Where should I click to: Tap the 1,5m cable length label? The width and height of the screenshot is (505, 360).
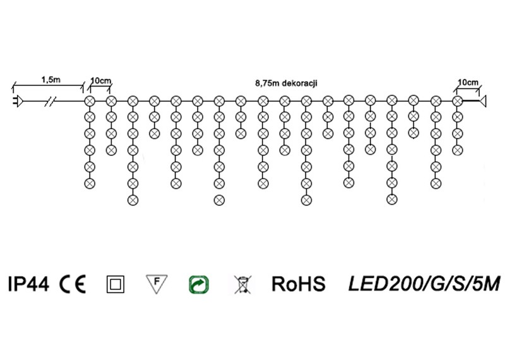pyautogui.click(x=50, y=80)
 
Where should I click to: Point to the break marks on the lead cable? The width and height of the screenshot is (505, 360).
pyautogui.click(x=50, y=101)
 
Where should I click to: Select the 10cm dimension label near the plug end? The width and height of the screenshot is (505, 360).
pyautogui.click(x=100, y=81)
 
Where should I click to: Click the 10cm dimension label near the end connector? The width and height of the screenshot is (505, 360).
pyautogui.click(x=468, y=83)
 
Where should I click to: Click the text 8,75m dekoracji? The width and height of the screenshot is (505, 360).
pyautogui.click(x=287, y=83)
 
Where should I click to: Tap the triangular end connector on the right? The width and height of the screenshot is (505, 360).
pyautogui.click(x=482, y=101)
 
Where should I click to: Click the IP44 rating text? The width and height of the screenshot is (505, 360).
pyautogui.click(x=28, y=284)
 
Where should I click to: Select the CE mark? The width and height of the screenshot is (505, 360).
pyautogui.click(x=73, y=284)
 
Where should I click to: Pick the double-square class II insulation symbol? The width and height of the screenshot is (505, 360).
pyautogui.click(x=116, y=284)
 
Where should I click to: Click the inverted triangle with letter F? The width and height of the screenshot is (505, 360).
pyautogui.click(x=157, y=284)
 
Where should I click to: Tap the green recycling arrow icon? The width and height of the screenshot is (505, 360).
pyautogui.click(x=199, y=285)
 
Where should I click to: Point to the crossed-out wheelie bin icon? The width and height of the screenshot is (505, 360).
pyautogui.click(x=243, y=285)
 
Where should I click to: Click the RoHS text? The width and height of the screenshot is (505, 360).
pyautogui.click(x=298, y=284)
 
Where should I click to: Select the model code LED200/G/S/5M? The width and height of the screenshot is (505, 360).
pyautogui.click(x=424, y=284)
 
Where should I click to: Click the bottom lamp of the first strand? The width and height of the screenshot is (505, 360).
pyautogui.click(x=90, y=183)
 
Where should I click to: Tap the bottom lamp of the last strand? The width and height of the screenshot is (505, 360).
pyautogui.click(x=457, y=150)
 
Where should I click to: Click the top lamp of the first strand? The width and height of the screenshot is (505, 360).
pyautogui.click(x=90, y=101)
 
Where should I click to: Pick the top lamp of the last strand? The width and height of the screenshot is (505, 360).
pyautogui.click(x=457, y=101)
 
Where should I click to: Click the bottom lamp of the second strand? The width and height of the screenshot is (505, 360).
pyautogui.click(x=111, y=150)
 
